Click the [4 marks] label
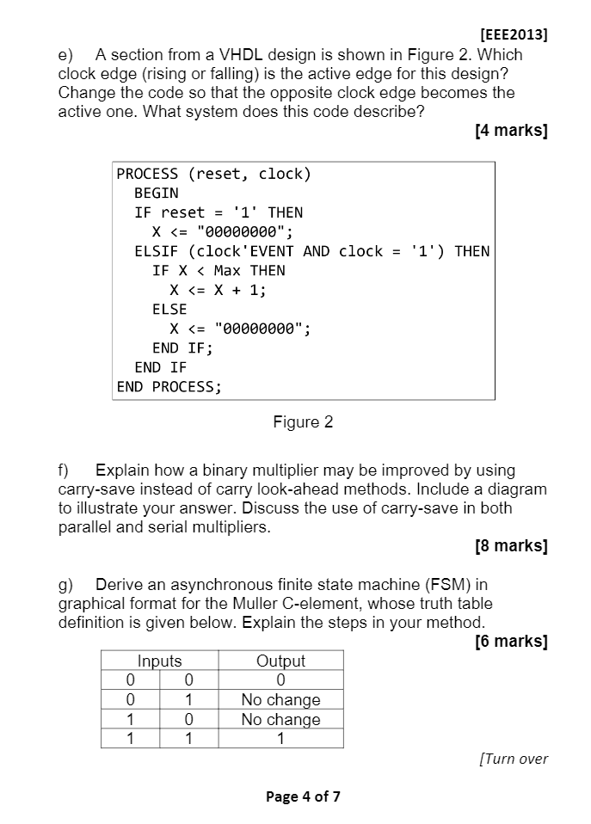click(x=511, y=131)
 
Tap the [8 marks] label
click(x=511, y=545)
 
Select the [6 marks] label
click(x=511, y=641)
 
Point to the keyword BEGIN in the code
click(x=157, y=194)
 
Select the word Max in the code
click(x=227, y=270)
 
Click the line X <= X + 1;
click(x=218, y=290)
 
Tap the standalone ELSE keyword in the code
click(x=169, y=309)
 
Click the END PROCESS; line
click(x=169, y=386)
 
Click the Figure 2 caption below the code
click(x=303, y=422)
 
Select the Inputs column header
click(x=160, y=661)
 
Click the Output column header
click(x=280, y=661)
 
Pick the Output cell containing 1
click(x=280, y=739)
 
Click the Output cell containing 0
click(x=280, y=680)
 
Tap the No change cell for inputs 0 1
click(x=280, y=700)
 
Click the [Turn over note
click(x=513, y=759)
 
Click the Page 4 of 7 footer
click(x=303, y=796)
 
